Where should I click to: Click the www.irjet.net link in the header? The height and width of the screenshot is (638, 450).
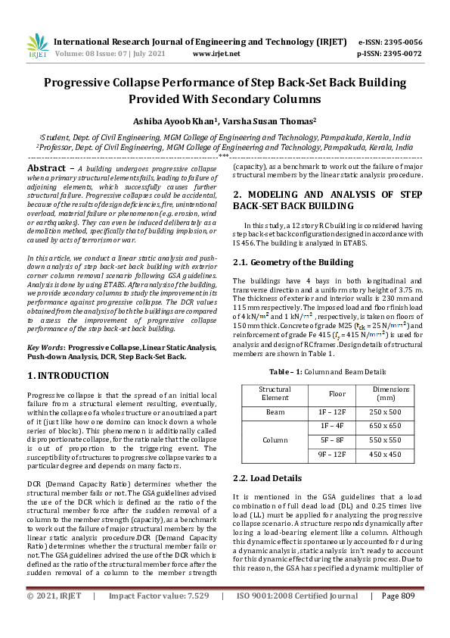click(x=217, y=55)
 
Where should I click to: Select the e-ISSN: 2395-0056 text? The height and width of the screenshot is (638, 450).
click(x=389, y=42)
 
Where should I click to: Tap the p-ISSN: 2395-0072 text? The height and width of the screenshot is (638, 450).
click(x=389, y=55)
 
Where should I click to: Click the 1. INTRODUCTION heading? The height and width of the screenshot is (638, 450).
click(x=68, y=376)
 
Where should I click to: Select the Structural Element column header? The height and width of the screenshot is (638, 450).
click(x=275, y=394)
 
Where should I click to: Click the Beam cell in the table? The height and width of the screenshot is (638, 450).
click(x=275, y=412)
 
